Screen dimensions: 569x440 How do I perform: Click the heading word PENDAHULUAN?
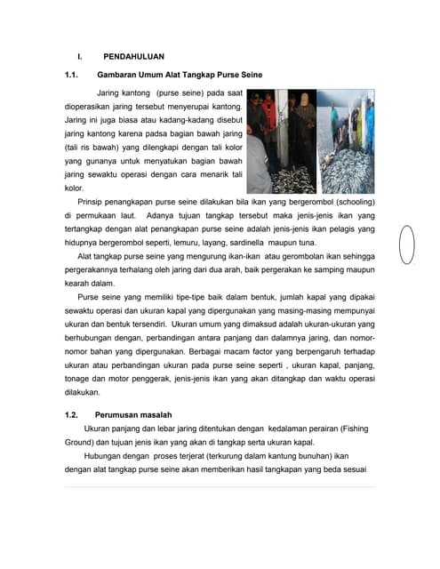point(133,56)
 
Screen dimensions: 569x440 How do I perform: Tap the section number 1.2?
point(73,414)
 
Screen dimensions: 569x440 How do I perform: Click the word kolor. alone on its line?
point(75,188)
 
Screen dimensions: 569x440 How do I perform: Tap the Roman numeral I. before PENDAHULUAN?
point(79,56)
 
